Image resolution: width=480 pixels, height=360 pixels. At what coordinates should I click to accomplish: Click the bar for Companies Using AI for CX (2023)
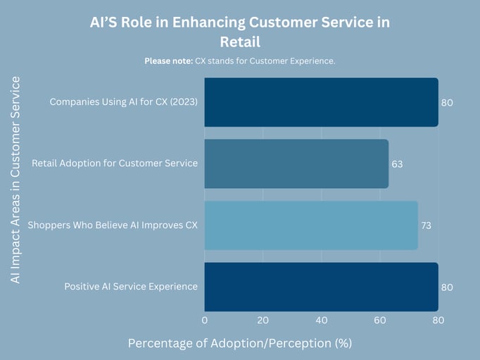(321, 102)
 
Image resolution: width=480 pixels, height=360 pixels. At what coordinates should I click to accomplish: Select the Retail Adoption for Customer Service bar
(296, 163)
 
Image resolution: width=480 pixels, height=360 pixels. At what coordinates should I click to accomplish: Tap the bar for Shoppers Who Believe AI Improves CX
(311, 225)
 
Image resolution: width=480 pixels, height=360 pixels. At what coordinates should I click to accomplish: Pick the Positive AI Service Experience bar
(321, 287)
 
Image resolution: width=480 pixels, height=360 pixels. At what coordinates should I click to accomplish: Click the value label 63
(397, 164)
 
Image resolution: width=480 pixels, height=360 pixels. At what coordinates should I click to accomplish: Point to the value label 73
(426, 226)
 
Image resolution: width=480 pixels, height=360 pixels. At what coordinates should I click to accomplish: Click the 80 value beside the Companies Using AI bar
(447, 103)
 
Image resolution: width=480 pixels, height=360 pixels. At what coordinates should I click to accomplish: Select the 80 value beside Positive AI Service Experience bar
(447, 287)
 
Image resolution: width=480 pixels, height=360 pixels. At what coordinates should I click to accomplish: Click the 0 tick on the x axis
(205, 321)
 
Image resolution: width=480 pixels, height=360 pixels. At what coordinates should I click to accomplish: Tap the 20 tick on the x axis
(263, 321)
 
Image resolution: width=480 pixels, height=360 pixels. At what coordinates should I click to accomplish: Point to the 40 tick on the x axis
(322, 321)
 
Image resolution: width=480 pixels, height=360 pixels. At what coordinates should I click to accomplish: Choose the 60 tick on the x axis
(380, 321)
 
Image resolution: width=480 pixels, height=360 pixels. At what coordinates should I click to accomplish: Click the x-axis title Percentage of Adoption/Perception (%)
(239, 343)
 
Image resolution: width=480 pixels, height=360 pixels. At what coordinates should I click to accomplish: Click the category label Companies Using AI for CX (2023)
(123, 102)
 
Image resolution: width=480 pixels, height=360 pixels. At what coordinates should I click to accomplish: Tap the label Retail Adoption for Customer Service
(115, 163)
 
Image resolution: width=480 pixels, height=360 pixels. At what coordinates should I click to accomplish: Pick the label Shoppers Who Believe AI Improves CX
(113, 225)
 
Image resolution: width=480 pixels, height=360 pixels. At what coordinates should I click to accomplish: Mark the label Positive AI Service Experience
(131, 287)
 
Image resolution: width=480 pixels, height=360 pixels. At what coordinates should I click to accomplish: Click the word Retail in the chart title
(239, 42)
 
